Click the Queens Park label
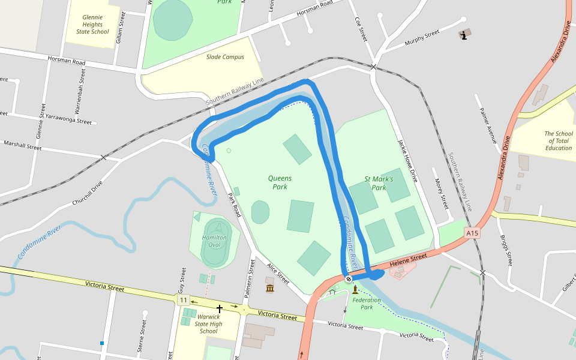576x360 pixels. pyautogui.click(x=280, y=182)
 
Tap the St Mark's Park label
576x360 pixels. pyautogui.click(x=379, y=183)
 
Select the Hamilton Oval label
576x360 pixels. pyautogui.click(x=214, y=241)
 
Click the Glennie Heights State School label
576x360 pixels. pyautogui.click(x=92, y=24)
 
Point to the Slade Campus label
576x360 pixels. pyautogui.click(x=225, y=57)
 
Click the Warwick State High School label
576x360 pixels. pyautogui.click(x=208, y=323)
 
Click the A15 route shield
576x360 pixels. pyautogui.click(x=473, y=233)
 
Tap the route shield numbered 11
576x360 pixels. pyautogui.click(x=183, y=299)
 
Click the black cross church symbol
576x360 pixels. pyautogui.click(x=220, y=309)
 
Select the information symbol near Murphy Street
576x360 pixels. pyautogui.click(x=464, y=35)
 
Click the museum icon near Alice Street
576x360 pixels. pyautogui.click(x=270, y=289)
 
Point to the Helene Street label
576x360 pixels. pyautogui.click(x=407, y=261)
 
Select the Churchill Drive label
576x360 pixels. pyautogui.click(x=88, y=194)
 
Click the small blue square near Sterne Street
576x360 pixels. pyautogui.click(x=102, y=343)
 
